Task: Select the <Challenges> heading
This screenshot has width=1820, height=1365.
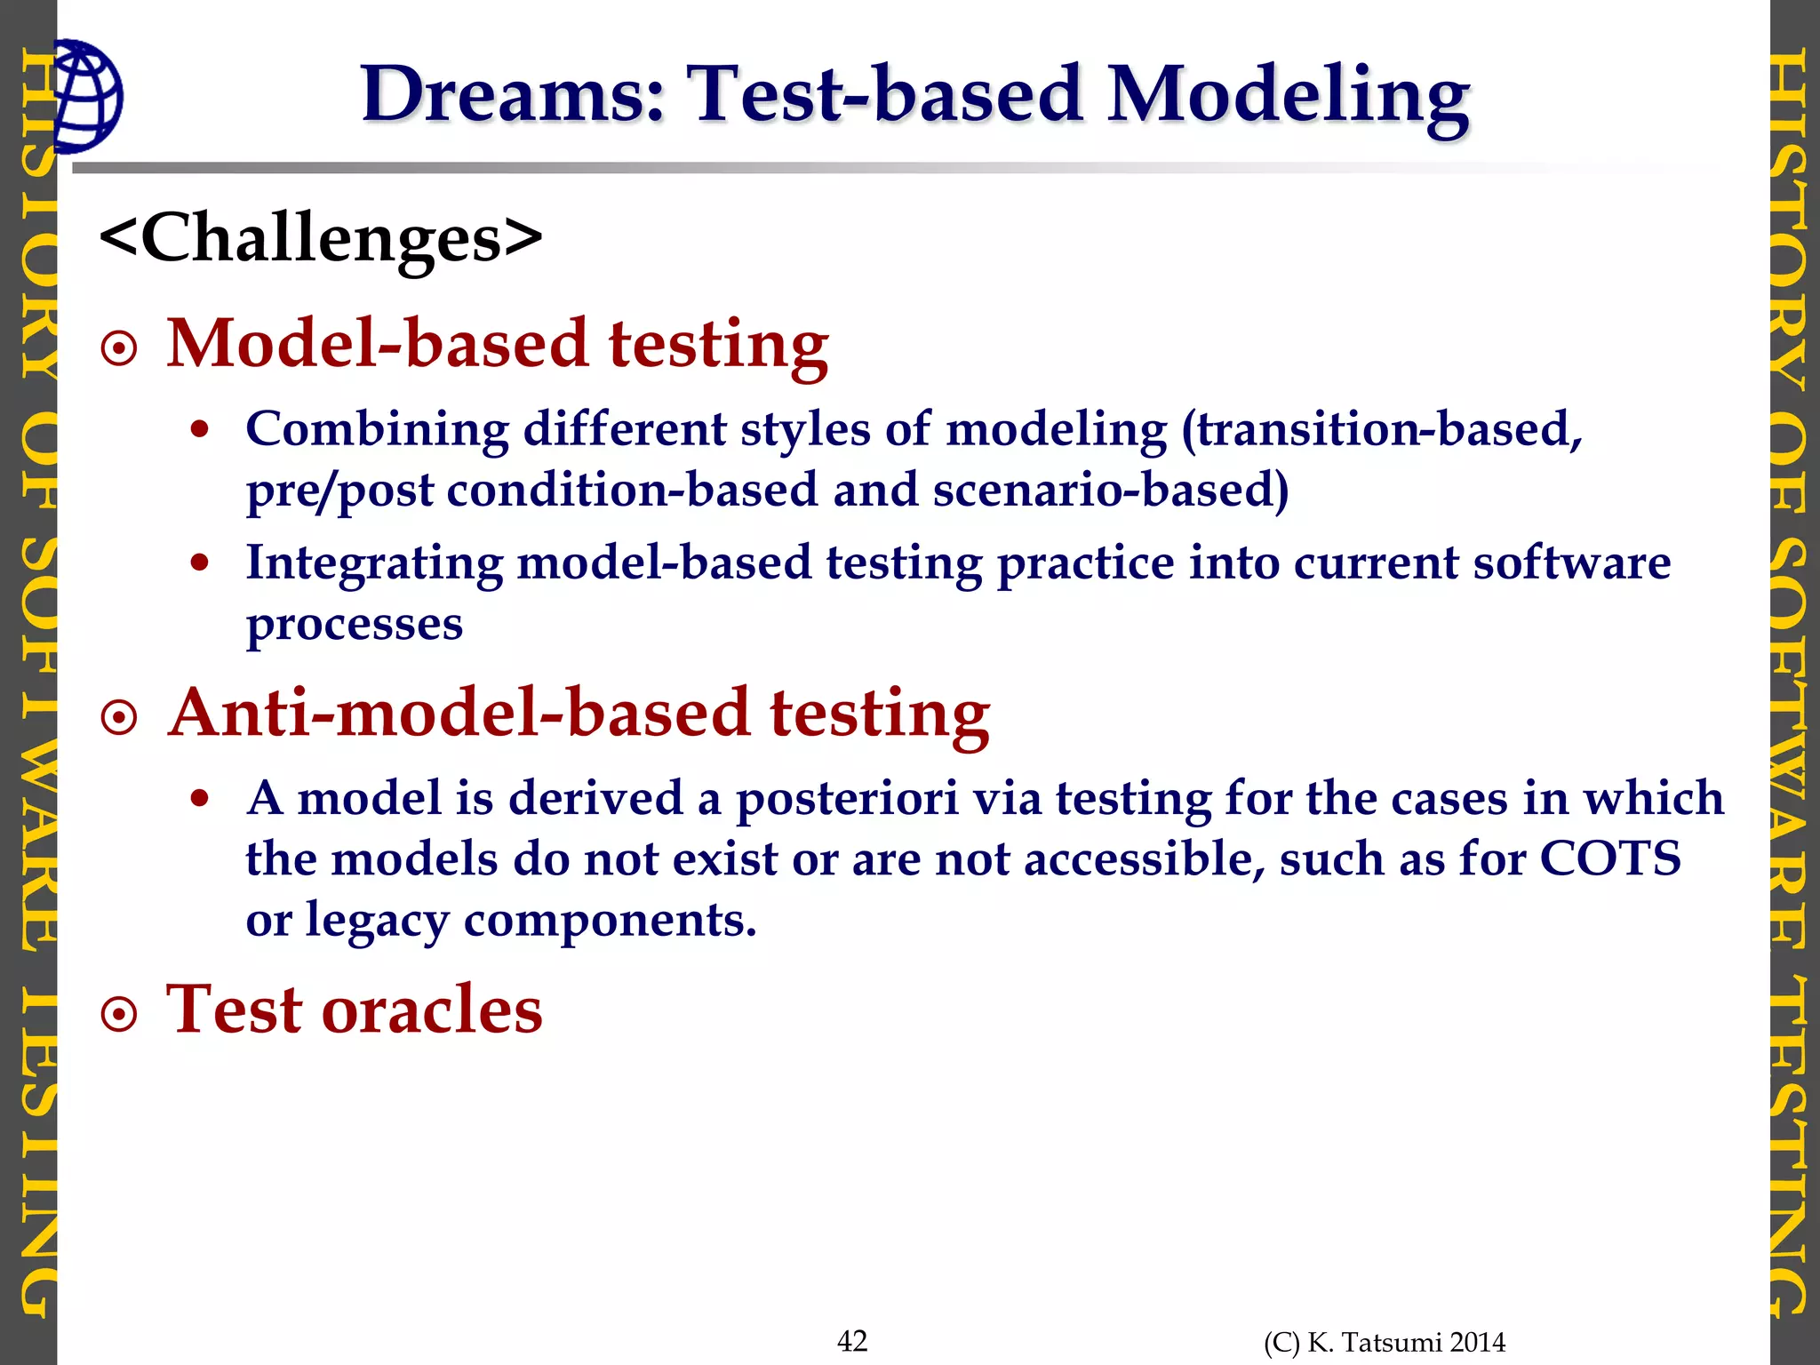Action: tap(321, 238)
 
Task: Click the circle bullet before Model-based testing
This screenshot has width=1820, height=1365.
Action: tap(120, 349)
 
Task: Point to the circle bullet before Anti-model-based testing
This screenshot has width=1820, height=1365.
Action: tap(120, 718)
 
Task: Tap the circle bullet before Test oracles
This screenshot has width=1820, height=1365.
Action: tap(120, 1015)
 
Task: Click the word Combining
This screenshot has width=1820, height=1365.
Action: tap(377, 430)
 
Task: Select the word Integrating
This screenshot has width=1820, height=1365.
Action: tap(374, 563)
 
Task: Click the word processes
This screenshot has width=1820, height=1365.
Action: tap(355, 625)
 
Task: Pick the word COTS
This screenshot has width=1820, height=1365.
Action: tap(1609, 859)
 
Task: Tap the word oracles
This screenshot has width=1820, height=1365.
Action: tap(431, 1010)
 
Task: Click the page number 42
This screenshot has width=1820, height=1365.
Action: tap(852, 1340)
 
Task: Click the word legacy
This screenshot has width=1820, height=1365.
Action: tap(378, 921)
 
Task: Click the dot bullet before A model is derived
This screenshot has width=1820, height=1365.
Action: tap(200, 799)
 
